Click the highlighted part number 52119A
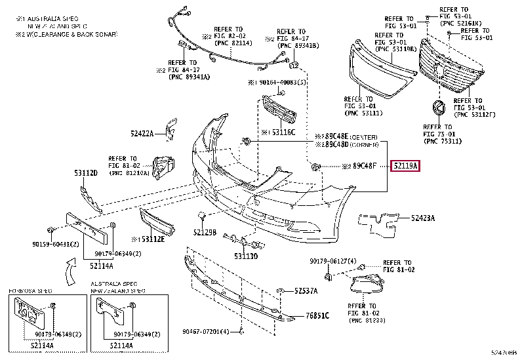[405, 167]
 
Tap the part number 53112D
[85, 173]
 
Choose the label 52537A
[306, 290]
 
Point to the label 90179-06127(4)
[332, 262]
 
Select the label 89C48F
[367, 167]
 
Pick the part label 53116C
[283, 132]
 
